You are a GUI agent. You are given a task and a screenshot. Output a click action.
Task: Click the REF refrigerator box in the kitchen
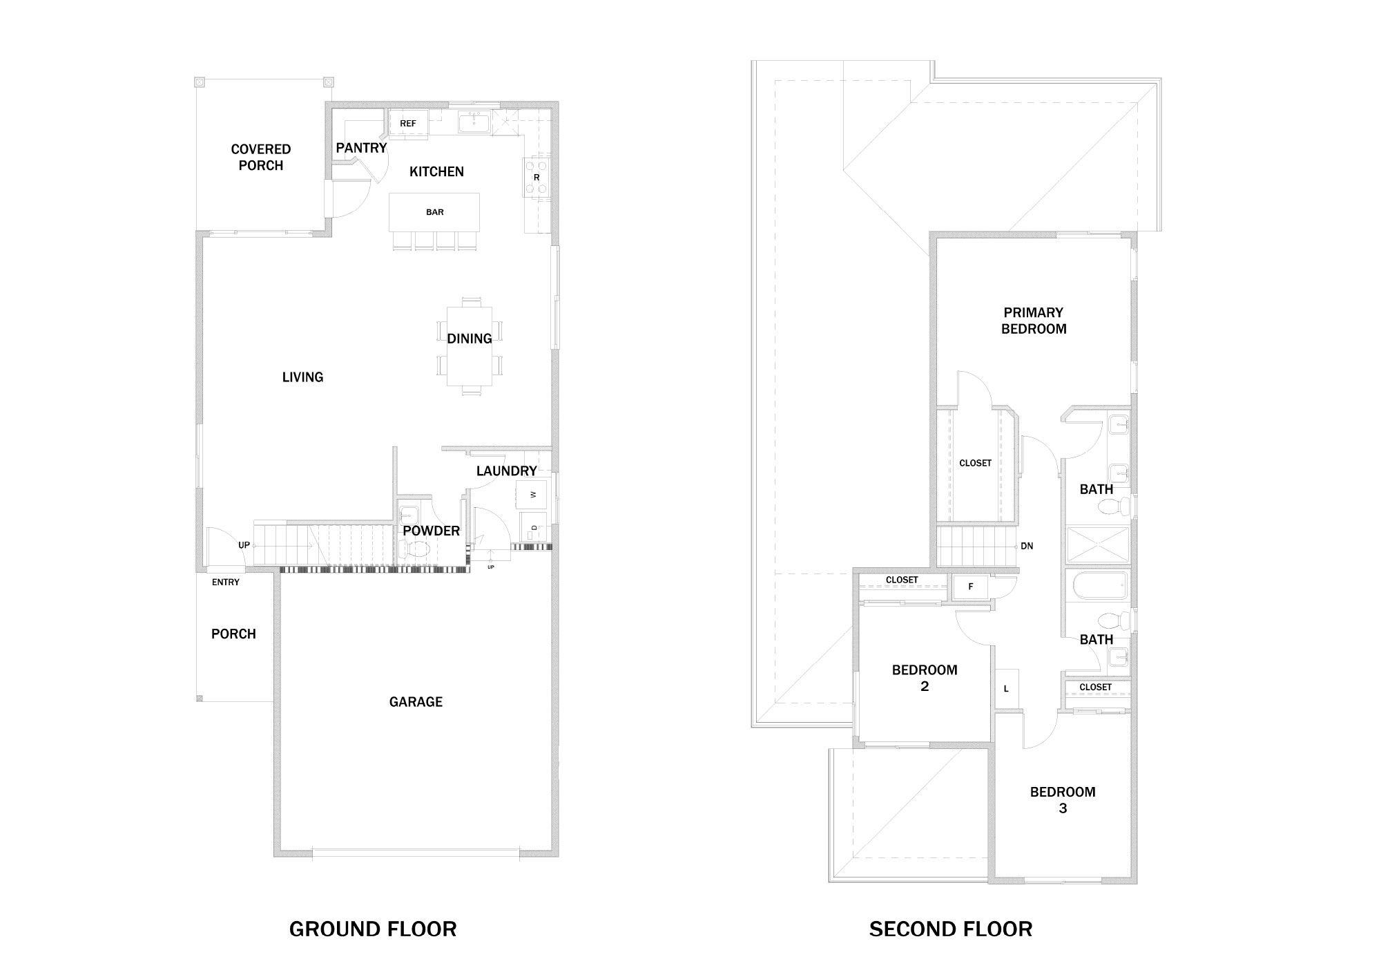pyautogui.click(x=408, y=124)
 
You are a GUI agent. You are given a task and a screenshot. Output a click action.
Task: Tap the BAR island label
pyautogui.click(x=435, y=212)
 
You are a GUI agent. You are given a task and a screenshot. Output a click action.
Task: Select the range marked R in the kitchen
pyautogui.click(x=537, y=178)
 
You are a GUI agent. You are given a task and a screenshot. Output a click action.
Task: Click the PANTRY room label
pyautogui.click(x=361, y=148)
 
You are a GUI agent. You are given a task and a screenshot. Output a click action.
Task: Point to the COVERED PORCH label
pyautogui.click(x=261, y=158)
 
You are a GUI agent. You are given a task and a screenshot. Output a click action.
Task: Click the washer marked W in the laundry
pyautogui.click(x=532, y=494)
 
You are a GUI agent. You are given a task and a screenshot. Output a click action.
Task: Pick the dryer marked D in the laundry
pyautogui.click(x=533, y=528)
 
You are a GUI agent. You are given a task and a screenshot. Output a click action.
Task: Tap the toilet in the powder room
pyautogui.click(x=416, y=550)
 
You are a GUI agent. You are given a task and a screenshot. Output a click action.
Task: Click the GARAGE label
pyautogui.click(x=416, y=702)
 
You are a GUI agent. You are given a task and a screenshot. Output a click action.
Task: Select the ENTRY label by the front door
pyautogui.click(x=226, y=582)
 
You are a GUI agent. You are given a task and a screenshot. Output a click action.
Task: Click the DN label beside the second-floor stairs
pyautogui.click(x=1027, y=546)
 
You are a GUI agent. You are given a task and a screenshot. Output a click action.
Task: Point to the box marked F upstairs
pyautogui.click(x=970, y=587)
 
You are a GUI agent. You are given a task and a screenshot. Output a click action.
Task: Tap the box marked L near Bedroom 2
pyautogui.click(x=1006, y=688)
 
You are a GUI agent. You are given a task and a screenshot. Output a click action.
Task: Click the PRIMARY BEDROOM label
pyautogui.click(x=1034, y=321)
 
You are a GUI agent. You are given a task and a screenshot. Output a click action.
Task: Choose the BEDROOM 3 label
pyautogui.click(x=1063, y=800)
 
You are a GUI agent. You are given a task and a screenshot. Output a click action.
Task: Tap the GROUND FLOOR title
pyautogui.click(x=373, y=929)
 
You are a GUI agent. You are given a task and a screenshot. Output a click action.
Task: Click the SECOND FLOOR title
pyautogui.click(x=951, y=929)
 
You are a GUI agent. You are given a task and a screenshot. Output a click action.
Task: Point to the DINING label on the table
pyautogui.click(x=470, y=339)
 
